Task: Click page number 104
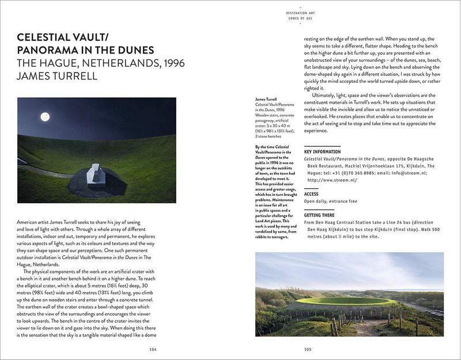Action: [153, 348]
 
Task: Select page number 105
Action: [308, 348]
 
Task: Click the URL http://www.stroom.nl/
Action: [332, 180]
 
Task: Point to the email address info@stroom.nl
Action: [408, 172]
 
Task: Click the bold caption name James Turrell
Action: [266, 99]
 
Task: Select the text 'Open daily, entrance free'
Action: [331, 202]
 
